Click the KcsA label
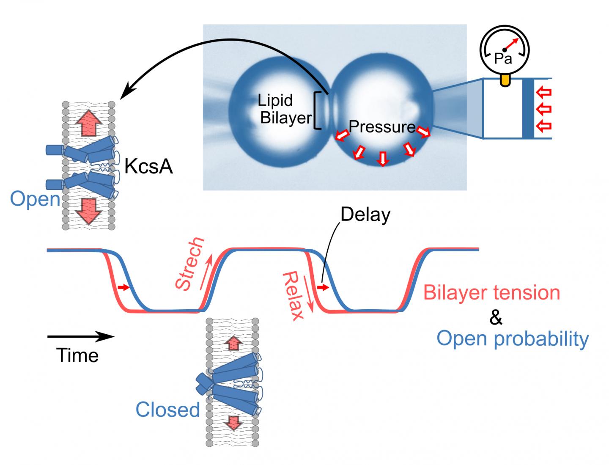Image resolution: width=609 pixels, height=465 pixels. pyautogui.click(x=148, y=167)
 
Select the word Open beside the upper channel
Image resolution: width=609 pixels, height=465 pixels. pyautogui.click(x=35, y=199)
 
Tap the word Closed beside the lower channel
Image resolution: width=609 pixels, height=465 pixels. pyautogui.click(x=167, y=410)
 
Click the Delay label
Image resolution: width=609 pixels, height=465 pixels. pyautogui.click(x=365, y=215)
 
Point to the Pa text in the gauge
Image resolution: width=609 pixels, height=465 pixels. pyautogui.click(x=503, y=58)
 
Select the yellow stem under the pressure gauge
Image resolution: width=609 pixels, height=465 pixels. pyautogui.click(x=505, y=80)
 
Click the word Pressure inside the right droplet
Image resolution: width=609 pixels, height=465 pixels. pyautogui.click(x=381, y=127)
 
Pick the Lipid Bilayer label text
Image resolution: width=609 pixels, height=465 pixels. pyautogui.click(x=284, y=109)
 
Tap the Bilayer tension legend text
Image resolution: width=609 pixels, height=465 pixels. pyautogui.click(x=492, y=293)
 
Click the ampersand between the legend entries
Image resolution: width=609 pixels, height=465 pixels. pyautogui.click(x=496, y=317)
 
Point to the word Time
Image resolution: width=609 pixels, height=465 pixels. pyautogui.click(x=77, y=355)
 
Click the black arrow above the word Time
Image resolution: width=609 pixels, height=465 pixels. pyautogui.click(x=80, y=337)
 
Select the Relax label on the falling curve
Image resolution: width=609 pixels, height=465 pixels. pyautogui.click(x=294, y=296)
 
